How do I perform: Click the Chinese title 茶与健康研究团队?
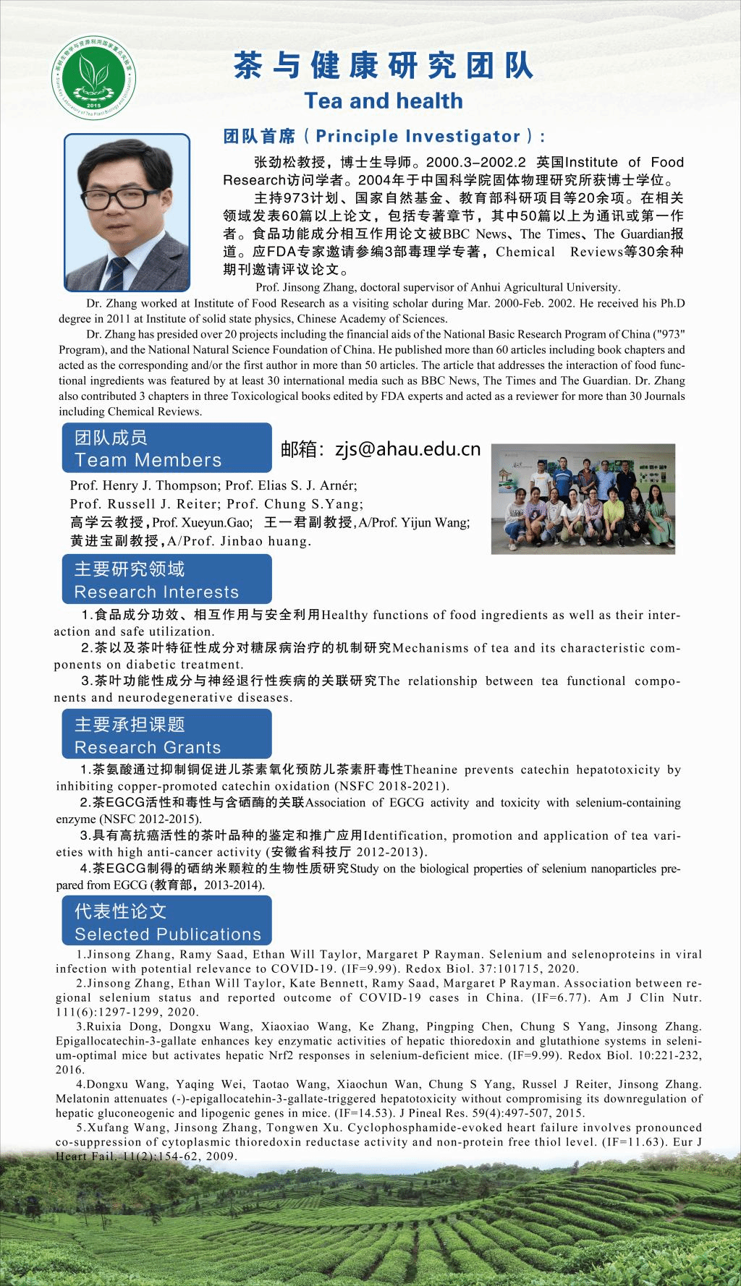click(x=383, y=66)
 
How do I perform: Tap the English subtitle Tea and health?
click(x=383, y=101)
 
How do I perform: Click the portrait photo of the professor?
click(x=127, y=211)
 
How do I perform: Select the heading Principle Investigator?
click(x=384, y=136)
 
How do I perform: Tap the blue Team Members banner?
click(x=166, y=448)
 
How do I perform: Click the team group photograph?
click(x=583, y=499)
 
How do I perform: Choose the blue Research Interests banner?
click(x=166, y=580)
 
